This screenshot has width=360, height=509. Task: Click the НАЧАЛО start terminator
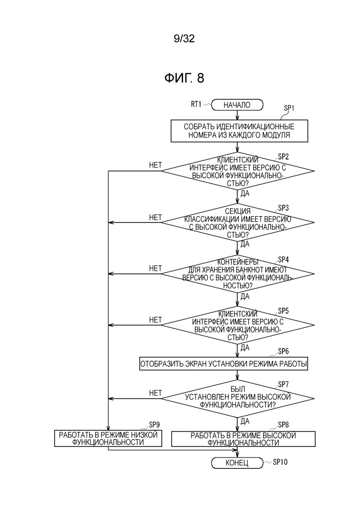pos(237,105)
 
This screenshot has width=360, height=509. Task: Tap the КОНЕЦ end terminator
pos(237,463)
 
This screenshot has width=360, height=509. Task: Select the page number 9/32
pos(184,39)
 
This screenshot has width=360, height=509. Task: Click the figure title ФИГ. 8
pos(184,78)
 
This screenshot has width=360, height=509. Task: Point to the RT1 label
pos(196,104)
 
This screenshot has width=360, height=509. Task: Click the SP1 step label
pos(289,108)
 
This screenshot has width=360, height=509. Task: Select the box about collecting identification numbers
pos(239,131)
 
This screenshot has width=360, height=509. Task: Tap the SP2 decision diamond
pos(238,171)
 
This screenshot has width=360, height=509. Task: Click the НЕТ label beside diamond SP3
pos(155,217)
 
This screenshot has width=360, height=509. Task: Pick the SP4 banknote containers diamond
pos(238,274)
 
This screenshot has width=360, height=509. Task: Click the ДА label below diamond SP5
pos(245,348)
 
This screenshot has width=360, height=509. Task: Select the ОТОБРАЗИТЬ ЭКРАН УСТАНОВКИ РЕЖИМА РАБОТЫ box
pos(224,364)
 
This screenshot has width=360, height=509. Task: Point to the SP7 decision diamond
pos(238,398)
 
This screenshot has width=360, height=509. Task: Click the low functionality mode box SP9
pos(108,439)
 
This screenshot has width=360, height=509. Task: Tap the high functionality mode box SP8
pos(243,439)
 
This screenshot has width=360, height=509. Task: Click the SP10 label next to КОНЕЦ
pos(280,462)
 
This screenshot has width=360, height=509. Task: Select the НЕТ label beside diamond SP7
pos(155,393)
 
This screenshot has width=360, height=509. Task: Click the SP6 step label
pos(283,351)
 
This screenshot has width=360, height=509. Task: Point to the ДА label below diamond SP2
pos(245,193)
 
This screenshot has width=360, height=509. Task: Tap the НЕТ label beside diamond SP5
pos(155,320)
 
